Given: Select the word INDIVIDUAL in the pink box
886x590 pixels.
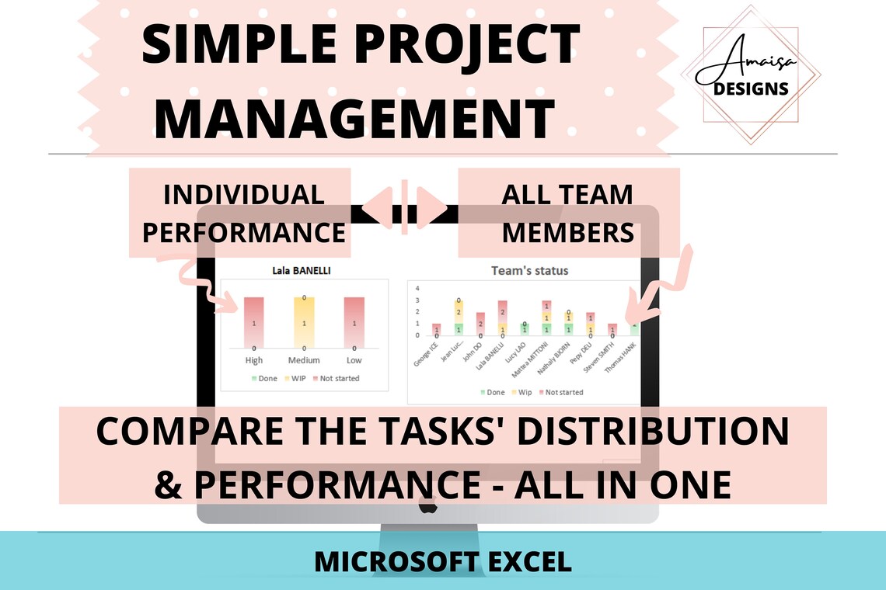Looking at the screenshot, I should pyautogui.click(x=244, y=194).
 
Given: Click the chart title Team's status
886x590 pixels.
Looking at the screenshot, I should pyautogui.click(x=529, y=271).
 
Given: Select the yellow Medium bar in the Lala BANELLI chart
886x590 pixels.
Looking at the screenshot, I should pyautogui.click(x=305, y=322).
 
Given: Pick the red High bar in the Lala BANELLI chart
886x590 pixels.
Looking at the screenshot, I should pyautogui.click(x=254, y=322).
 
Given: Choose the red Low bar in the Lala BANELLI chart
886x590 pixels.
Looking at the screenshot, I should pyautogui.click(x=354, y=322).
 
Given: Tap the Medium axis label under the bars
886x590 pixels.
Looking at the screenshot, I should pyautogui.click(x=304, y=360).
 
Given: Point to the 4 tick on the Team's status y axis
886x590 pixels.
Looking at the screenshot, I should pyautogui.click(x=418, y=288).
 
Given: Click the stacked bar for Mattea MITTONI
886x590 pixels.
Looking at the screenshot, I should pyautogui.click(x=546, y=318).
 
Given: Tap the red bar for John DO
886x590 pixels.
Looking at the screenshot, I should pyautogui.click(x=480, y=324).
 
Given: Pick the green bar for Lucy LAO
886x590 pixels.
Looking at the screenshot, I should pyautogui.click(x=525, y=329).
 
